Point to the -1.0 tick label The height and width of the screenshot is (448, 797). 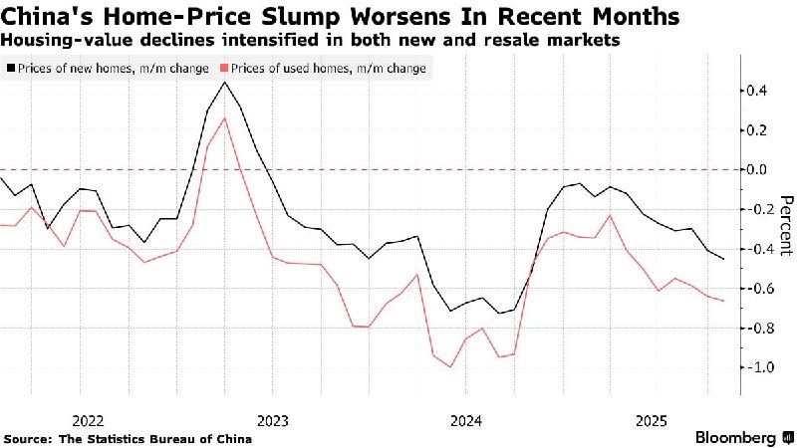(762, 367)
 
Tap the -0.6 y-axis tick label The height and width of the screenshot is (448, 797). (762, 289)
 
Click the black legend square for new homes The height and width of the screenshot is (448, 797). (11, 69)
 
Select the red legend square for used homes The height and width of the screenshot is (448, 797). (224, 69)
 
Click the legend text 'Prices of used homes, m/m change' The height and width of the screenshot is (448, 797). (329, 69)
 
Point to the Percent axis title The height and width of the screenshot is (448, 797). (785, 224)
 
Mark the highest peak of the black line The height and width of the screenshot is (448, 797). (225, 82)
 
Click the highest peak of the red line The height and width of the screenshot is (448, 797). (225, 117)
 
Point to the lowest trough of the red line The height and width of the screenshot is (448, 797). (451, 367)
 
